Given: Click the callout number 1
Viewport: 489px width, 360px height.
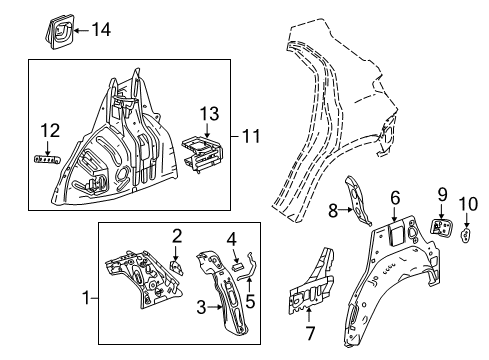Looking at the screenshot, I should click(86, 296).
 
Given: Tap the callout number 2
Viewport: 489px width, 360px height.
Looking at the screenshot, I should click(176, 235).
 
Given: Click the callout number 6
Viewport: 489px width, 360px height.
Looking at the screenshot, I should click(395, 198).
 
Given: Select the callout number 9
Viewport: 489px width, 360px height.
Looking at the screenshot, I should click(441, 195).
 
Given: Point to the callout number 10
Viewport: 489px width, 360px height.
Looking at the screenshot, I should click(468, 206).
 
